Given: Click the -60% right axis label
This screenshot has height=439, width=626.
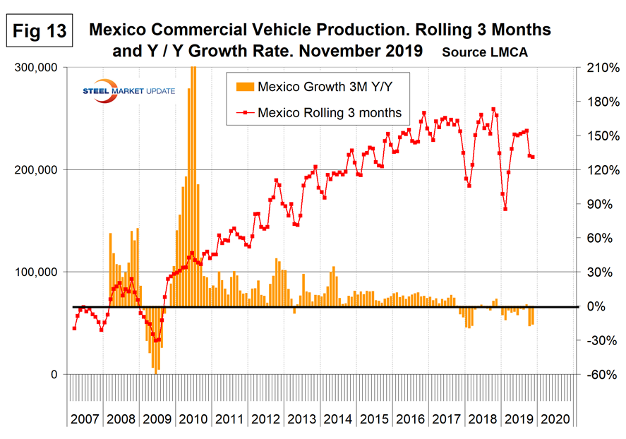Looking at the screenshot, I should tap(596, 375).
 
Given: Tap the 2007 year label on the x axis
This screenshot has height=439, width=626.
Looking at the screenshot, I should tap(85, 419).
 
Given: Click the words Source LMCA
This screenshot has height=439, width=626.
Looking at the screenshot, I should tap(485, 52).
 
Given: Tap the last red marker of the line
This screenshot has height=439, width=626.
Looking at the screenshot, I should tap(533, 157).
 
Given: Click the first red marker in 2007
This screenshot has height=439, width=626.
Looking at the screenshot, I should tap(74, 328).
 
